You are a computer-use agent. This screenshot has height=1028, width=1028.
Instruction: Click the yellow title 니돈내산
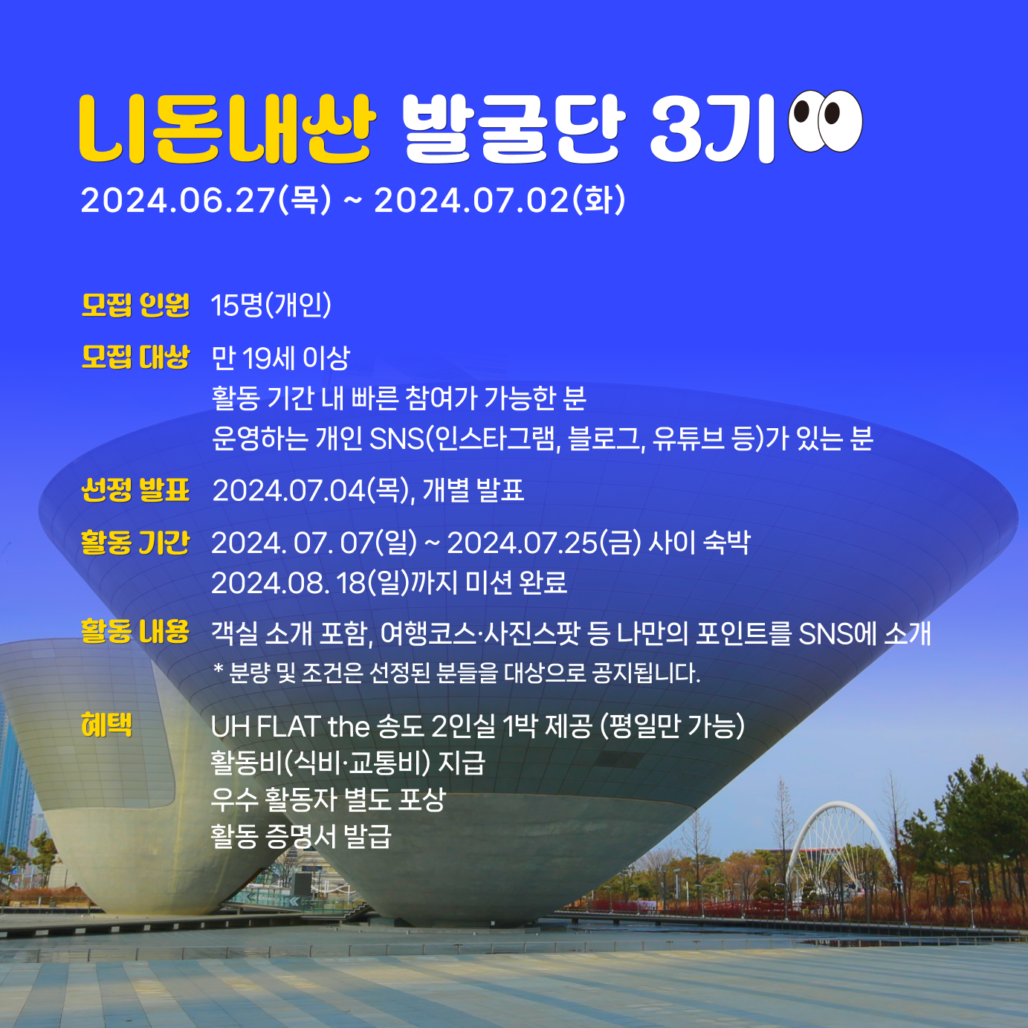(227, 129)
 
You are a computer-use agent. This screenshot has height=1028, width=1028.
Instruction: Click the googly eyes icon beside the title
(826, 121)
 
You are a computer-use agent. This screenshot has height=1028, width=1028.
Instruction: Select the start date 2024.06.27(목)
(206, 201)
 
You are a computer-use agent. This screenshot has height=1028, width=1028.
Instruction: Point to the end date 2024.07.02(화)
(500, 201)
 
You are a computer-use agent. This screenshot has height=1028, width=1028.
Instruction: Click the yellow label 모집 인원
(135, 306)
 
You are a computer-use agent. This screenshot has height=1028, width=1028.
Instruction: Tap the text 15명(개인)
(271, 306)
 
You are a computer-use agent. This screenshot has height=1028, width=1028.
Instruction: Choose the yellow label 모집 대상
(135, 358)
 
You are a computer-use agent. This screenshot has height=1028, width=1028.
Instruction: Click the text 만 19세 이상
(281, 358)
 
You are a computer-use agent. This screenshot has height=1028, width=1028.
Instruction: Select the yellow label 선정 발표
(135, 490)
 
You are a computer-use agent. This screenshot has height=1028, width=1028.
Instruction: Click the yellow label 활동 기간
(135, 543)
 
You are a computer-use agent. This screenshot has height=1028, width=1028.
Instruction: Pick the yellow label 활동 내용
(135, 632)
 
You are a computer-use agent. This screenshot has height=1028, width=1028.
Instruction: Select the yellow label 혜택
(107, 725)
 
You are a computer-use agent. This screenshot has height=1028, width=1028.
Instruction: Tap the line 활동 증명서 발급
(301, 836)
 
